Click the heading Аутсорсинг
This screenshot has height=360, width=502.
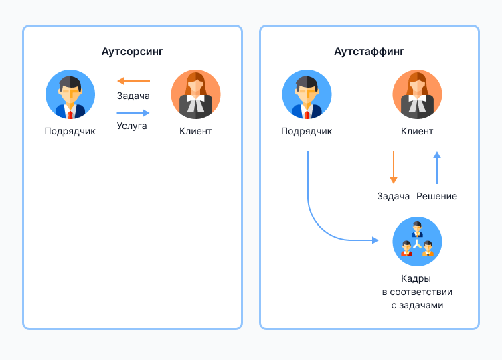(133, 51)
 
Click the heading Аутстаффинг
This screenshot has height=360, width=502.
(369, 51)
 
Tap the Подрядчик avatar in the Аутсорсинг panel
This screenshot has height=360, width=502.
(70, 94)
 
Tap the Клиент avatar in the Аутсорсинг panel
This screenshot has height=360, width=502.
(195, 94)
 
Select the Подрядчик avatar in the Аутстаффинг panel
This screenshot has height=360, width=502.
(307, 94)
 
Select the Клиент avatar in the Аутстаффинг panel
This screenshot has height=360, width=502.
(417, 94)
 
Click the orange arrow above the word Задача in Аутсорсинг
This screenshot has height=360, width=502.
(133, 81)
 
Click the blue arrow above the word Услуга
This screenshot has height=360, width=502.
(133, 113)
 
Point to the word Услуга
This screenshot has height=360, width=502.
(132, 125)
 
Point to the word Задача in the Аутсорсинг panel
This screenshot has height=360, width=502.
(133, 96)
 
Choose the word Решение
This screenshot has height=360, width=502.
(436, 196)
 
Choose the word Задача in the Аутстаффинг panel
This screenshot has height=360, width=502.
(393, 196)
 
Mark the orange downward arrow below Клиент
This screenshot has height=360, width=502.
(393, 167)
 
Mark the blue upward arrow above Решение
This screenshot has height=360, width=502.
(436, 167)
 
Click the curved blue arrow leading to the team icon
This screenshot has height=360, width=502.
(317, 221)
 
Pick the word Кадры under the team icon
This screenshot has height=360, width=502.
(417, 278)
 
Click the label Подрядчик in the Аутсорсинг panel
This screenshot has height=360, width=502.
(70, 131)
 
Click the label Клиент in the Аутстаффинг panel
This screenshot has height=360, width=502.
(417, 131)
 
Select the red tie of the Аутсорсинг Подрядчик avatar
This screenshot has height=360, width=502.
(70, 115)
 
